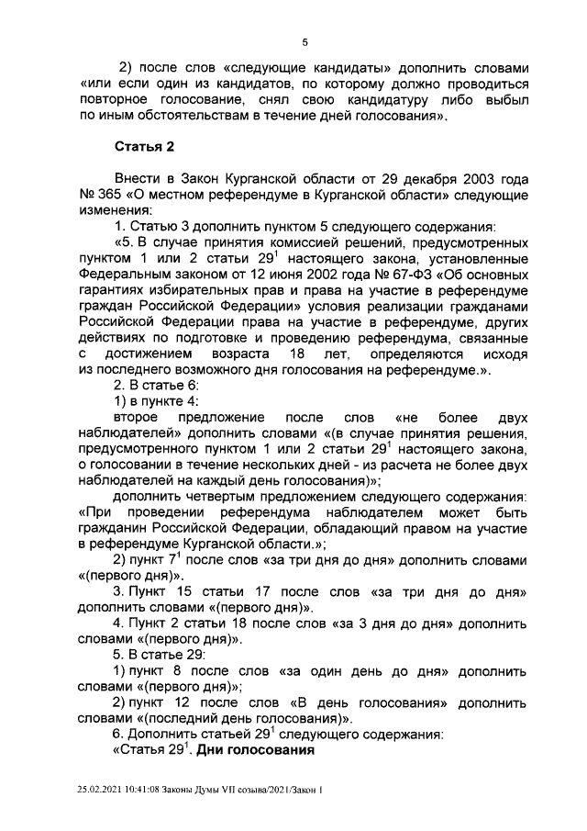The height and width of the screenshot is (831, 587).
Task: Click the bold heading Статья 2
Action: (x=144, y=146)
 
